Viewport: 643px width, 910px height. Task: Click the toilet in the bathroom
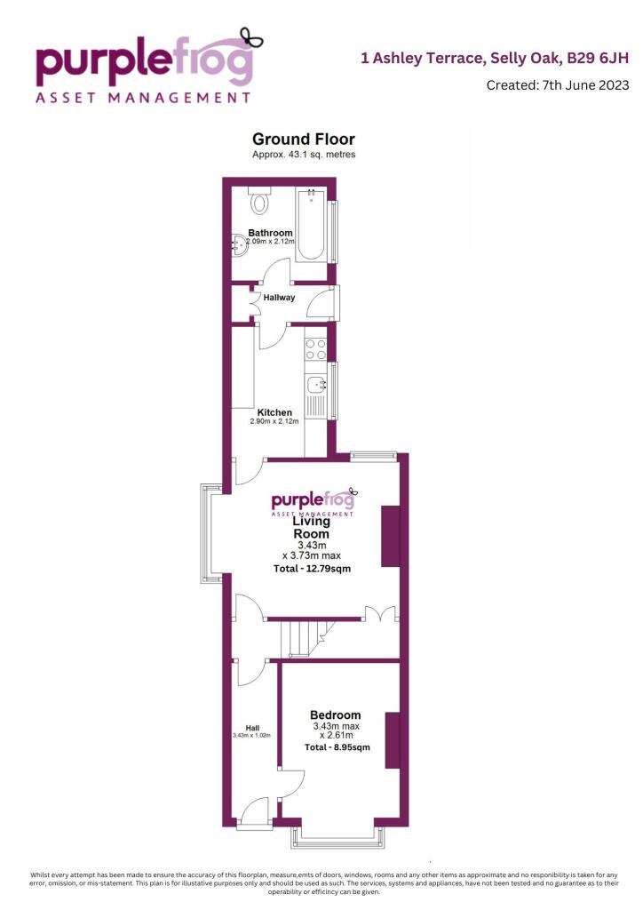point(259,202)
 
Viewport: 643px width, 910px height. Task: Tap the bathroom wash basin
point(237,242)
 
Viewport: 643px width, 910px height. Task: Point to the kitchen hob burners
point(315,350)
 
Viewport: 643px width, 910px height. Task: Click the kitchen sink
point(316,386)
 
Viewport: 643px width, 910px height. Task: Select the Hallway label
point(278,297)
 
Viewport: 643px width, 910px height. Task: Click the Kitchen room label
point(275,412)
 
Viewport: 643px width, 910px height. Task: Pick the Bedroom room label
point(335,715)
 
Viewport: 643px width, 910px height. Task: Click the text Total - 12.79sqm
point(312,569)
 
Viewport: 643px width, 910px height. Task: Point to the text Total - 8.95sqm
point(337,747)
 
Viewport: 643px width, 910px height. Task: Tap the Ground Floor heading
point(303,139)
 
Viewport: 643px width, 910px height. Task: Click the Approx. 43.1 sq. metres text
point(303,155)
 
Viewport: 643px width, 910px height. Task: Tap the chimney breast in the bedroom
point(392,740)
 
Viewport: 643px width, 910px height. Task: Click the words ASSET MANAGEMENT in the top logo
point(142,97)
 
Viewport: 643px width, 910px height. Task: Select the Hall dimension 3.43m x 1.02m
point(251,736)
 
